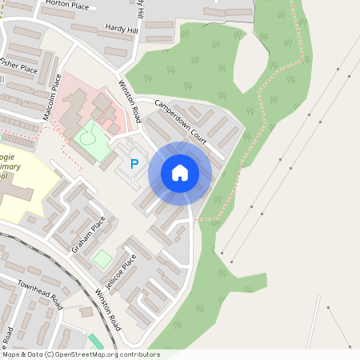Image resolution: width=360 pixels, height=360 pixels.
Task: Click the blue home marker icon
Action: pos(180,172)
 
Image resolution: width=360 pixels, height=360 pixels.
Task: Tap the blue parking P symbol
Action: pos(134,164)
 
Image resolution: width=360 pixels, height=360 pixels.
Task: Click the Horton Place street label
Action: pos(68,4)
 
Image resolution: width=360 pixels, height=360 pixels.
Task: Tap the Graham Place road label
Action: pos(88,234)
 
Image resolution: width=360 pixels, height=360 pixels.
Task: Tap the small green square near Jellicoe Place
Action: pos(102,259)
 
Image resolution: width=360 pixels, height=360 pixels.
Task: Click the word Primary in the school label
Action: pos(10,166)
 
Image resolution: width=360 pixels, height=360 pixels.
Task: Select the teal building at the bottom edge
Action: pos(96,342)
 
